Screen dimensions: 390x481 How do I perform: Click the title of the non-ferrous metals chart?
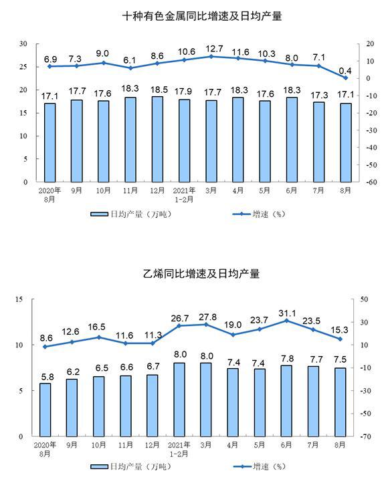coord(202,16)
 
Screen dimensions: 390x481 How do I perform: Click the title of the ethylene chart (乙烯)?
coord(201,273)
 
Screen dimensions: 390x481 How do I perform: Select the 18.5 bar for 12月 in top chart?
coord(157,139)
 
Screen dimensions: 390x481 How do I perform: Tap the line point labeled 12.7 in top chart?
coord(211,56)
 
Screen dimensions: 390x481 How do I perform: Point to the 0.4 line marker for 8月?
coord(345,78)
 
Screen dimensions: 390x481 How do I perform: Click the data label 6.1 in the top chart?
coord(129,60)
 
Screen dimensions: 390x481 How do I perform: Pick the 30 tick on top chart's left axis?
coord(23,44)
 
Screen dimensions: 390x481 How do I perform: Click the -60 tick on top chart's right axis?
coord(371,182)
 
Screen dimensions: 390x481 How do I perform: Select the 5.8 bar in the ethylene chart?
coord(45,410)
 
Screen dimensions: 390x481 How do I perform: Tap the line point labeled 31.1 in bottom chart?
coord(286,321)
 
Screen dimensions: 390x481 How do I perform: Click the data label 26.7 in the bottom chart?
coord(180,319)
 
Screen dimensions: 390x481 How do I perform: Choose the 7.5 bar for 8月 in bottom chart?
coord(340,402)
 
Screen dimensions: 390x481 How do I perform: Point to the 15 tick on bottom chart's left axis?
coord(19,299)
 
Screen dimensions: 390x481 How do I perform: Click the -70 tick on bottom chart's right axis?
coord(365,436)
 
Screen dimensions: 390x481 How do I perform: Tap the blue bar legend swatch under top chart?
coord(99,214)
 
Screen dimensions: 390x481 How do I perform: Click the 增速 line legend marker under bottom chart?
coord(242,466)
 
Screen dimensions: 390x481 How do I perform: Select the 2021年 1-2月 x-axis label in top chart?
coord(184,195)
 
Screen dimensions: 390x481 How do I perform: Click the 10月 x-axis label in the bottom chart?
coord(98,445)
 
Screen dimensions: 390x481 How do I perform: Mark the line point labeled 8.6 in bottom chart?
coord(45,347)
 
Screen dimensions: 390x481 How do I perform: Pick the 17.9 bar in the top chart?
coord(184,140)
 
